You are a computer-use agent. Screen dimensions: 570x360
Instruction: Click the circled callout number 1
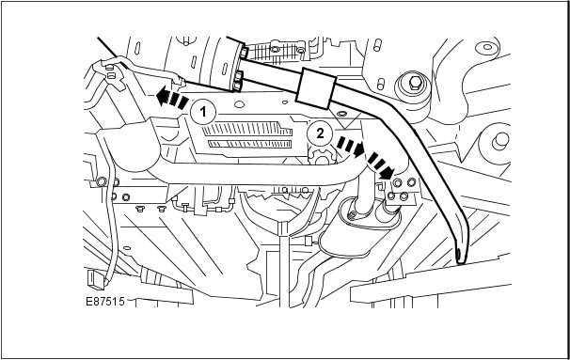pos(203,112)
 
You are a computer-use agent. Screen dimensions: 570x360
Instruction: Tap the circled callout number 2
pos(320,133)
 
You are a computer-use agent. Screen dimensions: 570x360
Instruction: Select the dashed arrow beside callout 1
pos(172,98)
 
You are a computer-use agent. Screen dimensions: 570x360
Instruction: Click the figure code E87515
pos(105,301)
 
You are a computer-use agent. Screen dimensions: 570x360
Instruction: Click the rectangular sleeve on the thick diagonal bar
pos(316,88)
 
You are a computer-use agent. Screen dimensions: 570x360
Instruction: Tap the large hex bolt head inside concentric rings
pos(415,84)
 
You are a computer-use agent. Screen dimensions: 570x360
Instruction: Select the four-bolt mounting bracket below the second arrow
pos(401,189)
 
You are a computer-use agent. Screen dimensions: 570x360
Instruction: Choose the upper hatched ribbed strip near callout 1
pos(247,129)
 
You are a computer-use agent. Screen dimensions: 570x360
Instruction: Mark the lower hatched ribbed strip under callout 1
pos(250,144)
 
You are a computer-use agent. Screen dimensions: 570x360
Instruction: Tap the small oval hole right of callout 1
pos(239,104)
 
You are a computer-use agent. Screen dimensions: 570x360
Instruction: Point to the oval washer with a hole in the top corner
pos(487,47)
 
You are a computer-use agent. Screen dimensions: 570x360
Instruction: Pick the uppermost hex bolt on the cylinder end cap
pos(244,53)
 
